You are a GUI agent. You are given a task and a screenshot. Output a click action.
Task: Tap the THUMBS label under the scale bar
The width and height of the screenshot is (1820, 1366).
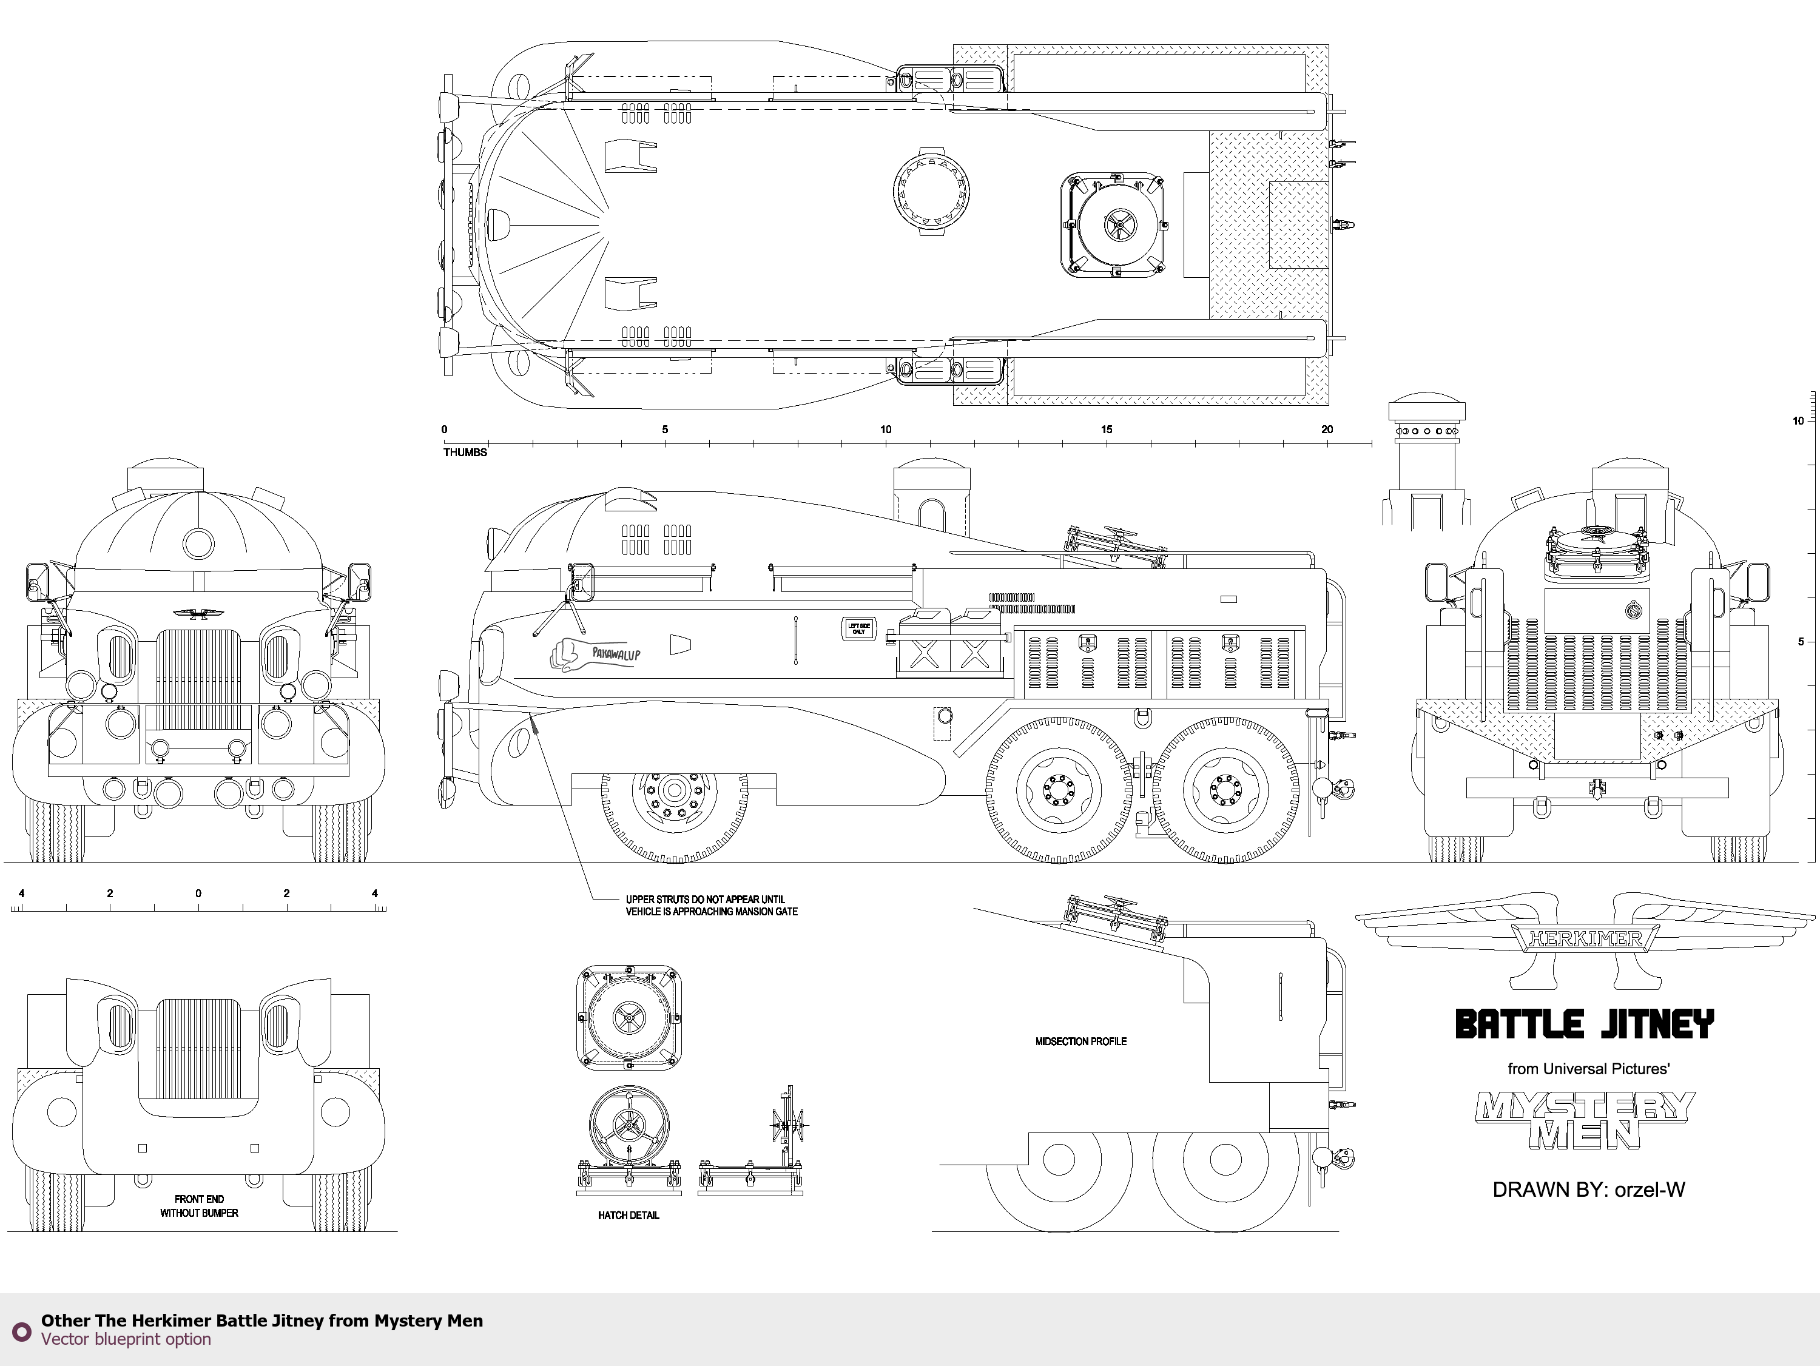(x=465, y=453)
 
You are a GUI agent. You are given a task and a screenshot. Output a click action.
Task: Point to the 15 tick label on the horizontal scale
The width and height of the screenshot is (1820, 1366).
(x=1106, y=429)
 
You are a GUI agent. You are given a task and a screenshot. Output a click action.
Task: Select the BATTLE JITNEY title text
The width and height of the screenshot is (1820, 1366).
(x=1585, y=1025)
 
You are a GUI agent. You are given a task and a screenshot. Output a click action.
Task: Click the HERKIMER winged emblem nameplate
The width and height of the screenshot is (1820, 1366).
(x=1585, y=938)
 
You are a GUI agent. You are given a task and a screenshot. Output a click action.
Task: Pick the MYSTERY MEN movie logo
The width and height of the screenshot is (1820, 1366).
(x=1585, y=1119)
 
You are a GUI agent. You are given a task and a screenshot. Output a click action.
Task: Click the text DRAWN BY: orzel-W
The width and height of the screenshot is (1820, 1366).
(x=1588, y=1190)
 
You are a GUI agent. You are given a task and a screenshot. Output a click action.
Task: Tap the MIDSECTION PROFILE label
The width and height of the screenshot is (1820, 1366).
(x=1080, y=1041)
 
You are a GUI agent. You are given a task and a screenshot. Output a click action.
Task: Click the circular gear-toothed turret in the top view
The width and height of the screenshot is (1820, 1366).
(x=931, y=192)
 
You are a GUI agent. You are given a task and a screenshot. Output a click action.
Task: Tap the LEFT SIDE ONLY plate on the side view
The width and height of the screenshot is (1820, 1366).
(x=858, y=628)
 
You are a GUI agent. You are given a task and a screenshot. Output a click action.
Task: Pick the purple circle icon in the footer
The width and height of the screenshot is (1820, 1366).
(x=21, y=1331)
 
